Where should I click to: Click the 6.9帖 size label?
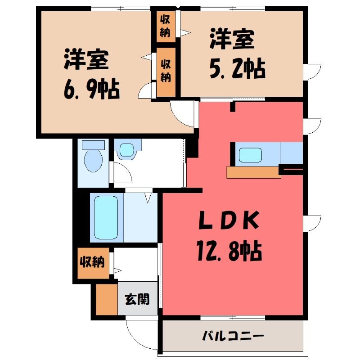(92, 89)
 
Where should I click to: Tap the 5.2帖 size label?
(238, 68)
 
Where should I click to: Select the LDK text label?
(229, 220)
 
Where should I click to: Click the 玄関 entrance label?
(137, 299)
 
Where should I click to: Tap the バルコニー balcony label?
(233, 336)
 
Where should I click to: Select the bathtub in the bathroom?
(106, 217)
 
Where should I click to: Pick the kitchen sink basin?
(250, 155)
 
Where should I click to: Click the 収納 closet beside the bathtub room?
(92, 262)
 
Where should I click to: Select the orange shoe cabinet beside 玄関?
(107, 299)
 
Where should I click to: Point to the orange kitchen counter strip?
(253, 172)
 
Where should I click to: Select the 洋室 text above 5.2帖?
(232, 39)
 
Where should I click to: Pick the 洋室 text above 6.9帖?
(86, 59)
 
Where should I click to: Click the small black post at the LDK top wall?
(233, 107)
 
